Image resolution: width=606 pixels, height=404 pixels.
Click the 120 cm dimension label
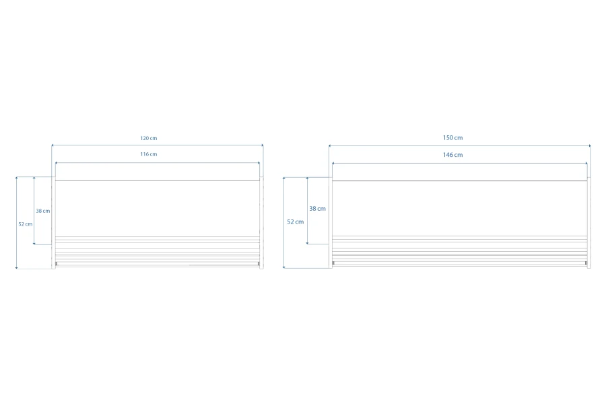coord(149,138)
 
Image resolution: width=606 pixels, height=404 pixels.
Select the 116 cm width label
coord(149,154)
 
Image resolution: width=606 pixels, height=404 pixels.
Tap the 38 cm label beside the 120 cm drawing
coord(43,211)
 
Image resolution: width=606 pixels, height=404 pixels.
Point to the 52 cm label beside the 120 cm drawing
coord(26,224)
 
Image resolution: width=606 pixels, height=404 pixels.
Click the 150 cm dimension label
coord(453,137)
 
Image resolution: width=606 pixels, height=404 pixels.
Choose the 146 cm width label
coord(453,155)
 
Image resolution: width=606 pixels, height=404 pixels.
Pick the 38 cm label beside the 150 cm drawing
coord(317,208)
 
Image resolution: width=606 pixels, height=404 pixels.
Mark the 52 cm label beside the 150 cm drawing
coord(296,222)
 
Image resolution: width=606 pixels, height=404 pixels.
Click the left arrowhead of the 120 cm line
coord(53,145)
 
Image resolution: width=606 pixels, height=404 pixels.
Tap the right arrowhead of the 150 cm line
coord(590,145)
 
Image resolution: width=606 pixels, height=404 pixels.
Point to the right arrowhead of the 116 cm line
coord(259,163)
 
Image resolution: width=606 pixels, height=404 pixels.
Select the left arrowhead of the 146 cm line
coord(333,164)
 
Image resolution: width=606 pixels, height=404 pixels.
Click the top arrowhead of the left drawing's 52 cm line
coord(16,178)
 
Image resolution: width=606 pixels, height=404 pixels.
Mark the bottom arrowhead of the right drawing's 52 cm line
coord(283,267)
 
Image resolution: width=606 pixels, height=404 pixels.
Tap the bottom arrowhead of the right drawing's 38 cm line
coord(307,243)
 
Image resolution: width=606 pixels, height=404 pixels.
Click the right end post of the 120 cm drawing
coord(262,223)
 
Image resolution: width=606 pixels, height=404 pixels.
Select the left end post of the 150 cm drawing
coord(331,223)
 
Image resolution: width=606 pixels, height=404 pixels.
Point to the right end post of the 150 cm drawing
coord(589,223)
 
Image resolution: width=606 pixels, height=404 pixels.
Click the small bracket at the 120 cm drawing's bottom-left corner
coord(57,264)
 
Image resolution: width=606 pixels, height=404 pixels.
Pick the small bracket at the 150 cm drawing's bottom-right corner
coord(586,263)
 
